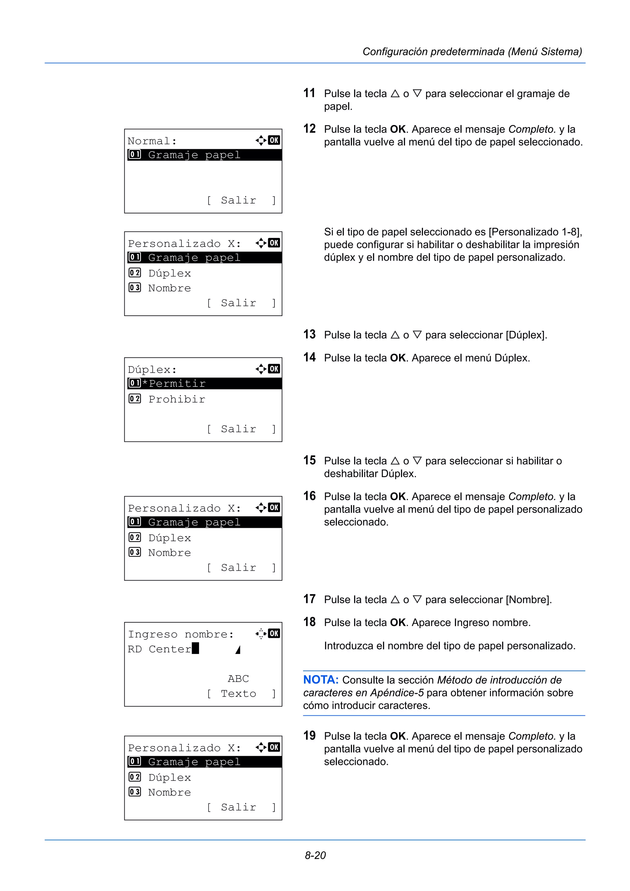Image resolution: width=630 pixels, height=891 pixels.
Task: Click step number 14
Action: pyautogui.click(x=309, y=357)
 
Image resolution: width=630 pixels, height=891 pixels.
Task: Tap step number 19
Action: pyautogui.click(x=309, y=736)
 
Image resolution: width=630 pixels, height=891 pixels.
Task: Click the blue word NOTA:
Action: pyautogui.click(x=321, y=680)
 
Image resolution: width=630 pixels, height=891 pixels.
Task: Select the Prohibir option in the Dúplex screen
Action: pyautogui.click(x=177, y=399)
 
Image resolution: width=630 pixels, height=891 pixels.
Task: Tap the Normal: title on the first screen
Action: pyautogui.click(x=152, y=141)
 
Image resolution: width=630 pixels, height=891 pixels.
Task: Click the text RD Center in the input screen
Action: pyautogui.click(x=159, y=649)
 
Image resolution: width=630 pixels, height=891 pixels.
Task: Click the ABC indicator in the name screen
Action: pyautogui.click(x=238, y=679)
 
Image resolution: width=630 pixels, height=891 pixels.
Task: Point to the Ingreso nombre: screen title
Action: pyautogui.click(x=181, y=635)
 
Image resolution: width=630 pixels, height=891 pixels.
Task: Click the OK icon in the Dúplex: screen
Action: pyautogui.click(x=274, y=369)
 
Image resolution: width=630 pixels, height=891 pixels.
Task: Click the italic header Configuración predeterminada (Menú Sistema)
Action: pyautogui.click(x=472, y=52)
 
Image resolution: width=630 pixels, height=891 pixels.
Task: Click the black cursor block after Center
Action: pyautogui.click(x=195, y=648)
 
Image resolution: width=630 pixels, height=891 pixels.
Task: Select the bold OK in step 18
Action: pyautogui.click(x=397, y=623)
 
